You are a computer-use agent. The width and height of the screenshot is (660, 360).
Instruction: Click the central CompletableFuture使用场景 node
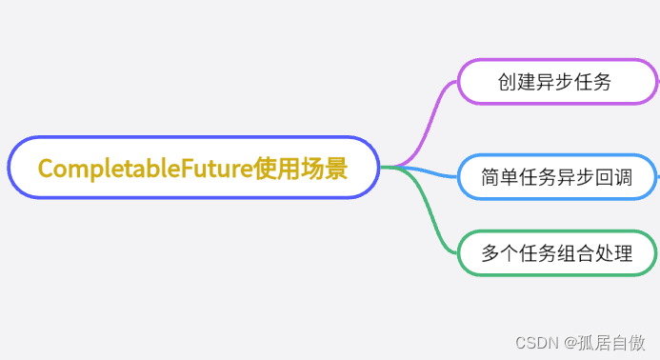(x=193, y=168)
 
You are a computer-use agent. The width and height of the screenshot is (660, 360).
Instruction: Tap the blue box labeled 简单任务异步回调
(x=556, y=177)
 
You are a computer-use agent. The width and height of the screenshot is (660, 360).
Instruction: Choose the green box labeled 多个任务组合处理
(x=556, y=254)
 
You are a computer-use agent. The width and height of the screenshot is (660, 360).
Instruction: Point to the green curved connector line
(x=433, y=215)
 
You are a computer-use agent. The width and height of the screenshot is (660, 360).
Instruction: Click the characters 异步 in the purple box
(x=554, y=82)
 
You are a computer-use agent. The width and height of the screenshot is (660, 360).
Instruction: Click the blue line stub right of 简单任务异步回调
(x=657, y=176)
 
